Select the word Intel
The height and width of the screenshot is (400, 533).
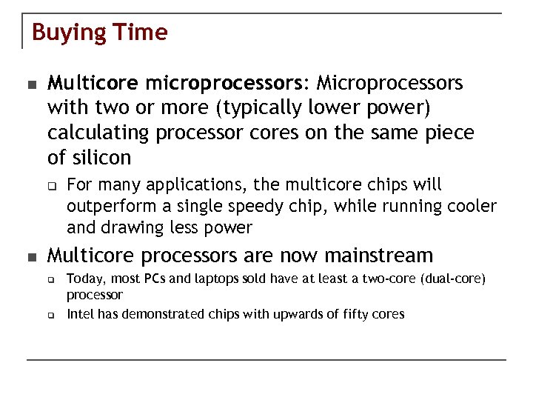(80, 314)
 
